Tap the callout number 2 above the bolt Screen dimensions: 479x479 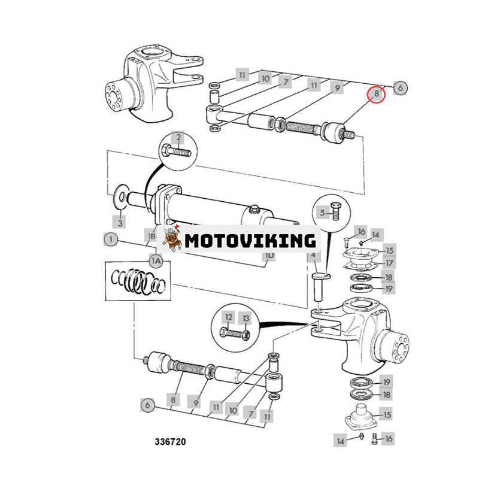pyautogui.click(x=177, y=138)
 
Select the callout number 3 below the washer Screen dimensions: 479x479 pyautogui.click(x=120, y=222)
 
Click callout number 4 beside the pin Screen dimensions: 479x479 pyautogui.click(x=313, y=256)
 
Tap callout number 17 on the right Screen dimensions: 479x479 pyautogui.click(x=389, y=262)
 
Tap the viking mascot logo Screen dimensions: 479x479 pyautogui.click(x=172, y=238)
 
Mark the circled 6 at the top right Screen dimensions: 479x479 pyautogui.click(x=401, y=87)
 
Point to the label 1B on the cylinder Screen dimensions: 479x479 pyautogui.click(x=153, y=236)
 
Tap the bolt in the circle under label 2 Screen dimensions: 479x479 pyautogui.click(x=178, y=151)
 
